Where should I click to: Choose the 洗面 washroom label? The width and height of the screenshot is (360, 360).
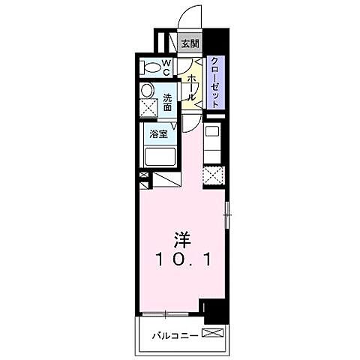(x=167, y=101)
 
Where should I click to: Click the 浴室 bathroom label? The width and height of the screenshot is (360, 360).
(x=157, y=134)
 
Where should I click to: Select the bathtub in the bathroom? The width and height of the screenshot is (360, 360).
(x=160, y=157)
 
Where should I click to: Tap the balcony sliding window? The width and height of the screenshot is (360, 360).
(x=169, y=313)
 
